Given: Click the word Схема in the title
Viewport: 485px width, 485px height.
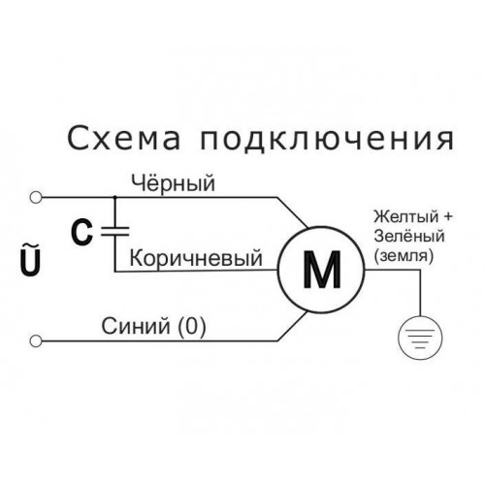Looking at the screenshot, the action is tap(123, 139).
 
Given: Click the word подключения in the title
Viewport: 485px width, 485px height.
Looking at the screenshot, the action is tap(328, 140).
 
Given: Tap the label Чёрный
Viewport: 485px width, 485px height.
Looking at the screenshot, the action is tap(173, 183).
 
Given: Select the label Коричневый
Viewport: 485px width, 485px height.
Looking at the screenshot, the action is tap(196, 258).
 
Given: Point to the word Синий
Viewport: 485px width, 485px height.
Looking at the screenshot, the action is tap(136, 326).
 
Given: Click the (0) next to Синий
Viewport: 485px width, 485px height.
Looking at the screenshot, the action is tap(192, 326).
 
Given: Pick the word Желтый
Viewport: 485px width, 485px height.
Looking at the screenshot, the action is tap(406, 216).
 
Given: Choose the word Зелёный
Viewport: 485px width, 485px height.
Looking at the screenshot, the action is tap(409, 236).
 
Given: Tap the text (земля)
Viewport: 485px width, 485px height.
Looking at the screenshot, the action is tap(404, 256).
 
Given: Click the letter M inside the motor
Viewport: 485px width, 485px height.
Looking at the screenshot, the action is tap(322, 270).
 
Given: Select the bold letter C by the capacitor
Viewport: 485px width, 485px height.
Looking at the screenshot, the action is tap(81, 232).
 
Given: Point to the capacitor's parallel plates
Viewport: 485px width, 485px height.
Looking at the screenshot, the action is tap(115, 231).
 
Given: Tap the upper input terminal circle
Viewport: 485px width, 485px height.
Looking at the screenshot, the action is tap(36, 197).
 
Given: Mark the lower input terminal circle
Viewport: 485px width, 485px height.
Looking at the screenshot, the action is tap(36, 340).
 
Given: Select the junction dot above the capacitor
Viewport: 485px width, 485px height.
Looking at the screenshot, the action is tap(114, 197).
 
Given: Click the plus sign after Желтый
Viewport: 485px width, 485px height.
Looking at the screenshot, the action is tap(447, 217).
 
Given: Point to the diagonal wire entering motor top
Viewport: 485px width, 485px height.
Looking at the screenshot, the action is tap(293, 212).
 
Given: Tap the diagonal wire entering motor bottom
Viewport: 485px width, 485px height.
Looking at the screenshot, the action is tap(293, 326).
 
